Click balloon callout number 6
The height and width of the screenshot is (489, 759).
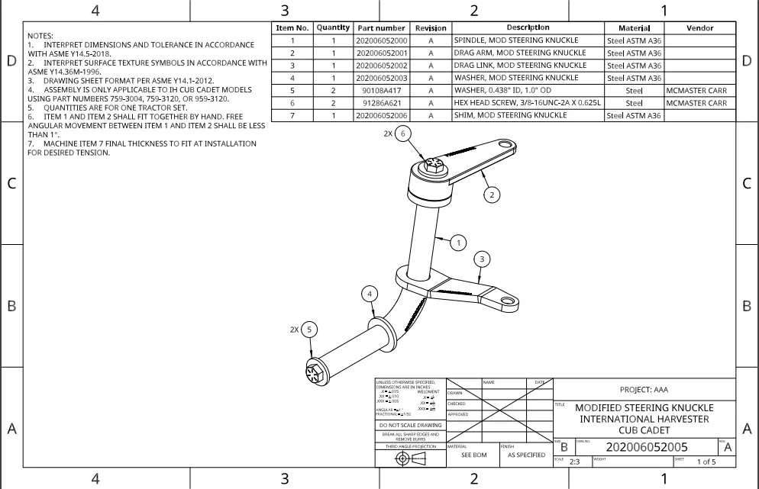click(x=405, y=133)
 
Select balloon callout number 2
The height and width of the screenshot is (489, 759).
click(x=493, y=195)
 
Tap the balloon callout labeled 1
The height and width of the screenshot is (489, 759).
click(x=458, y=243)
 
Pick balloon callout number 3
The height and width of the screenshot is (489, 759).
click(x=481, y=259)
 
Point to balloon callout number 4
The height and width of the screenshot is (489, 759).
click(x=370, y=293)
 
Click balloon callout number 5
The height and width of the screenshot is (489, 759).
click(x=308, y=330)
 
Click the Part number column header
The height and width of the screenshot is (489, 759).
click(x=381, y=28)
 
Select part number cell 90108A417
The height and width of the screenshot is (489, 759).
click(x=381, y=90)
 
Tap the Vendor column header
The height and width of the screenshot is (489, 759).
click(x=699, y=28)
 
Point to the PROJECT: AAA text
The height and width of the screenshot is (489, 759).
click(x=644, y=389)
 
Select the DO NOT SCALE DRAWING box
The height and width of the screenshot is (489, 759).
click(x=410, y=425)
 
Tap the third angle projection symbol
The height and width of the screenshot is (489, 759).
click(x=410, y=458)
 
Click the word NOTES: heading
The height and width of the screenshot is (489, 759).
click(x=40, y=36)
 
